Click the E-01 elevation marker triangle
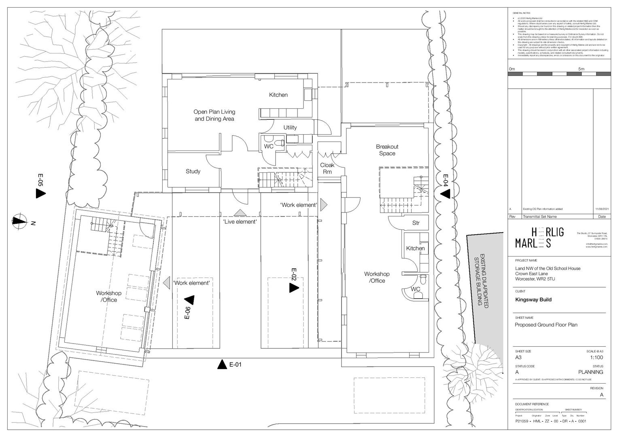221,365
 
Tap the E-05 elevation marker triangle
40,193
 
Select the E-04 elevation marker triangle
445,194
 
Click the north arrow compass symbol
18,221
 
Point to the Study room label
193,171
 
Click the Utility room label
290,127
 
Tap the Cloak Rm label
327,168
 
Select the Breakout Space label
387,150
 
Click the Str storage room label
416,223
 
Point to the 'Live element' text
240,222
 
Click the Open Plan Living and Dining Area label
214,115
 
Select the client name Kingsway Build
533,300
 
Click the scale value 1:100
596,357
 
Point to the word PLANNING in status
590,372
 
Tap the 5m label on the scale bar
581,69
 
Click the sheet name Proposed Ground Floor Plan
546,325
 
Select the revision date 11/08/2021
601,209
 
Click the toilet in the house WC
279,143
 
